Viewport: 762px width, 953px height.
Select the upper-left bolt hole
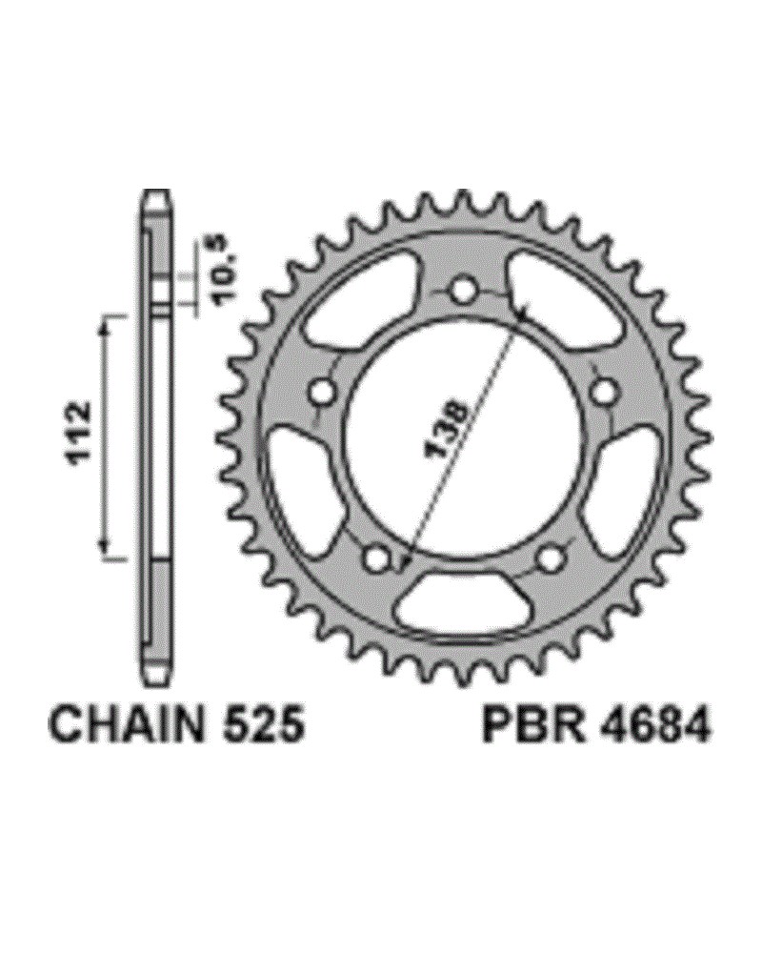point(323,392)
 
